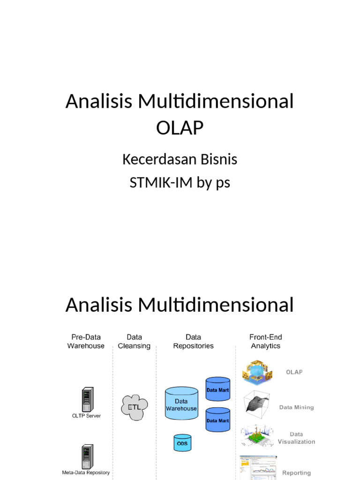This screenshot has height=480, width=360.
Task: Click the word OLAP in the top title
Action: (180, 127)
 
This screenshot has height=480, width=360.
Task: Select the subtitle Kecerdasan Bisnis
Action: (180, 159)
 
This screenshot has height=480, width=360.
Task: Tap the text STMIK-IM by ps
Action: (180, 182)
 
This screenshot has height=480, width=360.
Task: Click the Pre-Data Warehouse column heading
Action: (86, 341)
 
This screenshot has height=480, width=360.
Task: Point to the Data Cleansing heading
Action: (134, 341)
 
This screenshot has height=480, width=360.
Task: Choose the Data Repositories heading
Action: (193, 341)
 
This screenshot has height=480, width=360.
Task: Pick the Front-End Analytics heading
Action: (265, 341)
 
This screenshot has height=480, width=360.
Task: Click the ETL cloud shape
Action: (135, 406)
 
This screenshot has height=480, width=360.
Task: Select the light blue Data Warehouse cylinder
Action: (181, 404)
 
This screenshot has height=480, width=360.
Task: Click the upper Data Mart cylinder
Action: (218, 389)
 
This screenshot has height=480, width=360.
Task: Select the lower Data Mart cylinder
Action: (218, 420)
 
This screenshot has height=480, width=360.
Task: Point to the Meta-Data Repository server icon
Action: (86, 457)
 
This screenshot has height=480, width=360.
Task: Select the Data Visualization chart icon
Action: (257, 435)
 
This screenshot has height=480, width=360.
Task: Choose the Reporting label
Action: (296, 473)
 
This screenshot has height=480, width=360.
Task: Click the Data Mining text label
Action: (296, 407)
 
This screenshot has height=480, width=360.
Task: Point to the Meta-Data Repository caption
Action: (86, 472)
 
